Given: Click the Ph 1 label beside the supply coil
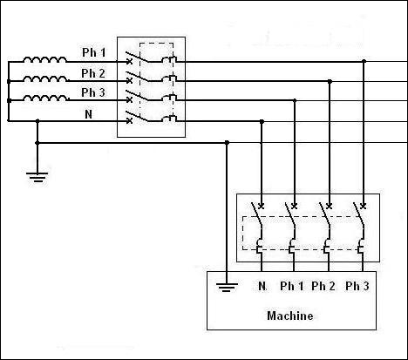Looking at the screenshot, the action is click(94, 52).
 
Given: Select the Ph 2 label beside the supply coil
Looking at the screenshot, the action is click(93, 73).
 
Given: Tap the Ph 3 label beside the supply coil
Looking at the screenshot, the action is click(93, 92).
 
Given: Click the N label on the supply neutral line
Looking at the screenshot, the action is click(89, 114).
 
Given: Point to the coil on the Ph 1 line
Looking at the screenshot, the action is click(44, 59).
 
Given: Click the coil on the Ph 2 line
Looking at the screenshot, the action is click(45, 78).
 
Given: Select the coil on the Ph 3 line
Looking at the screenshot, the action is click(45, 98).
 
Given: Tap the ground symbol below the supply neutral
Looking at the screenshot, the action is click(37, 177).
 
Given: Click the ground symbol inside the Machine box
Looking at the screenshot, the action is click(227, 287).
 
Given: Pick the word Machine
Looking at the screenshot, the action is click(290, 316).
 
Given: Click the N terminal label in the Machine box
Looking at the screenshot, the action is click(262, 286).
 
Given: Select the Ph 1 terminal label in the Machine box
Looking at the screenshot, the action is click(292, 286).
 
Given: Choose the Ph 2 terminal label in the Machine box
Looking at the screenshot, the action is click(323, 286).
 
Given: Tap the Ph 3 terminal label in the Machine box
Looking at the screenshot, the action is click(357, 286).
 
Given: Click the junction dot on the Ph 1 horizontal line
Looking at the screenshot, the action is click(364, 61).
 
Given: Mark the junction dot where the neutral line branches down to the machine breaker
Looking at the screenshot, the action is click(262, 121).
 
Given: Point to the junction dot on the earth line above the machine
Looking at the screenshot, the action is click(227, 142).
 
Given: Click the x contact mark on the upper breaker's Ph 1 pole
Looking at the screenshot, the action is click(130, 62).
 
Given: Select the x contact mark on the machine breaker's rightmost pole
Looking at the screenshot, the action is click(363, 206).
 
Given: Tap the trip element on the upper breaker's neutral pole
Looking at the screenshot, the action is click(169, 119).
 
